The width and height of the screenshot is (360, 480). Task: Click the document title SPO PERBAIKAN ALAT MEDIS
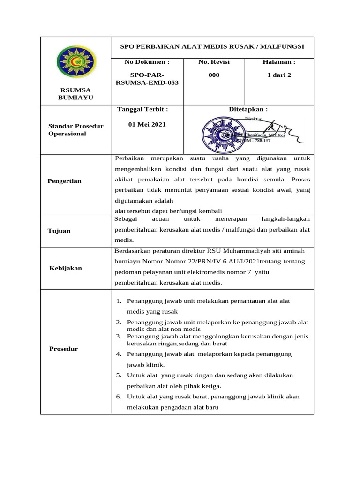point(212,46)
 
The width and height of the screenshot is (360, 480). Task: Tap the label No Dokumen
point(147,62)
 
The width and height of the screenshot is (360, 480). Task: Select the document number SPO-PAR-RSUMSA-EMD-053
point(147,79)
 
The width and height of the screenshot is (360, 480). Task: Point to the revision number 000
point(214,75)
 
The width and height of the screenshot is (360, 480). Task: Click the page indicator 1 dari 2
point(279,75)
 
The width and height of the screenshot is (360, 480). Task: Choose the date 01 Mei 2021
point(147,125)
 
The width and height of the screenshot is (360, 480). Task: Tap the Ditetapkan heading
point(248,109)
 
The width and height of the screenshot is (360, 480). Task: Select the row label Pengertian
point(65,181)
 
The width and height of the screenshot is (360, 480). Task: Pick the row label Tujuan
point(59,231)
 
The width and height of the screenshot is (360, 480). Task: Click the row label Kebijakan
point(66,268)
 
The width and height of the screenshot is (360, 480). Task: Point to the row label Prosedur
point(63,349)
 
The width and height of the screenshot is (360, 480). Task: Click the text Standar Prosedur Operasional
point(76,130)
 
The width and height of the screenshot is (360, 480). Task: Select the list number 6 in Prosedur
point(119,397)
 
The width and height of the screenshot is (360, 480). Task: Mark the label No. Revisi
point(214,62)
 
